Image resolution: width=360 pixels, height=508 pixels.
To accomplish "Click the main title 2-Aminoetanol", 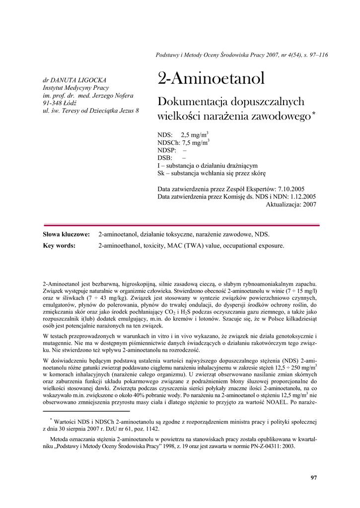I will [x=211, y=78].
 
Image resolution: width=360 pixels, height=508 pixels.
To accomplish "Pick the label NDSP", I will [x=166, y=150].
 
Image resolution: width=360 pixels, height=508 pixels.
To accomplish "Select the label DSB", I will [x=164, y=158].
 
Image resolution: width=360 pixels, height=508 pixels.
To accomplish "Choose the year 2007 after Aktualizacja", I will [x=309, y=204].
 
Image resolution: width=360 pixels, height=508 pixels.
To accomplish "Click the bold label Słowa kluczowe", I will [x=66, y=234].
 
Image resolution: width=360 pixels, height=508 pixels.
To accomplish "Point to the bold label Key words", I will [x=59, y=245].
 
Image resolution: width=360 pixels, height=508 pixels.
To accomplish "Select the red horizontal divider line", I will [x=181, y=225].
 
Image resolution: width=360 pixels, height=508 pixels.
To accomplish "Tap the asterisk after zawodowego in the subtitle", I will [x=313, y=115].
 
